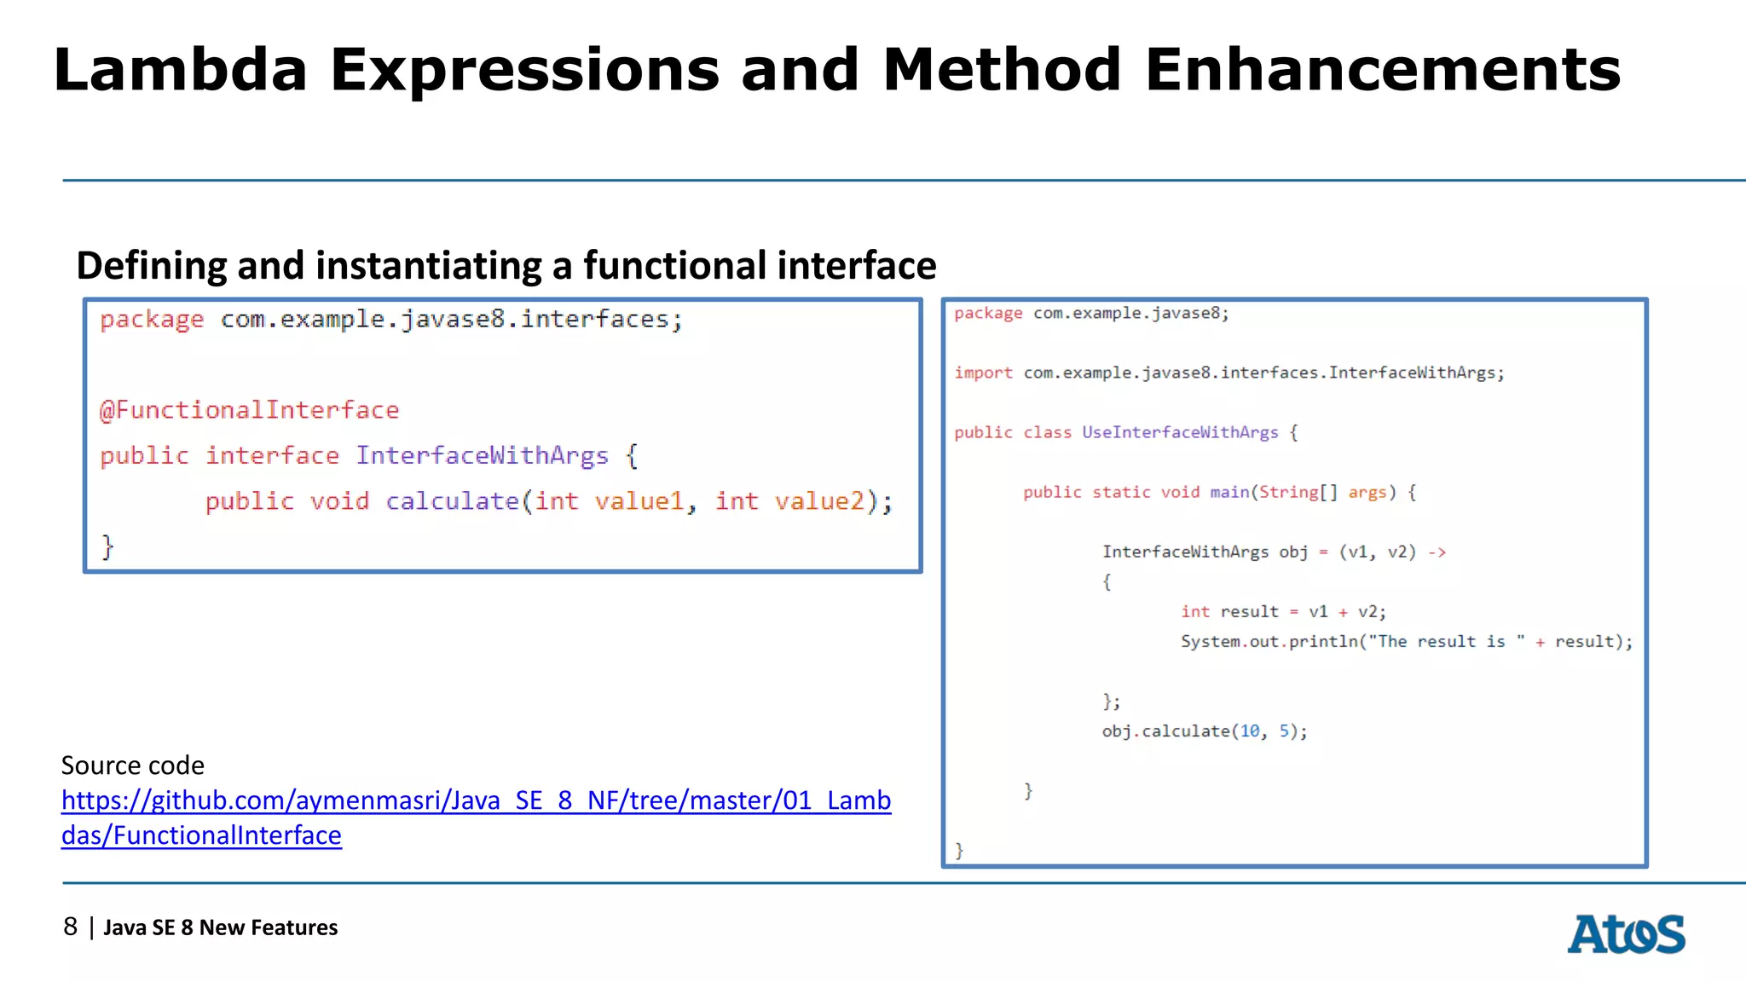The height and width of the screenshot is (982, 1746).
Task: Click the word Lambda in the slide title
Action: (x=180, y=70)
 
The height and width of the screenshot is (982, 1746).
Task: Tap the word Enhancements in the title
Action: (x=1382, y=70)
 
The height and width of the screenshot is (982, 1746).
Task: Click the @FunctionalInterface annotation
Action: (x=249, y=410)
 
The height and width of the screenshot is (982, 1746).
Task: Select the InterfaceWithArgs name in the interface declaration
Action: (x=482, y=455)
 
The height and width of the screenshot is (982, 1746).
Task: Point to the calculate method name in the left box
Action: (x=452, y=501)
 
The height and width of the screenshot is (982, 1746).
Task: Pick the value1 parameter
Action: (x=639, y=501)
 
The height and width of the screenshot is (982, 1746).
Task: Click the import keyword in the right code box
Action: (x=983, y=373)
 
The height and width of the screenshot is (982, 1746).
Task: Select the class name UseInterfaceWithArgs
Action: (x=1180, y=432)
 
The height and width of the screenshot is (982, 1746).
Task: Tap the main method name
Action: (x=1229, y=492)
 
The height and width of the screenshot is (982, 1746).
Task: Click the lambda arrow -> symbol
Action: (x=1437, y=552)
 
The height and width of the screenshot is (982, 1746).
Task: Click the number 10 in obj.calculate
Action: (x=1250, y=731)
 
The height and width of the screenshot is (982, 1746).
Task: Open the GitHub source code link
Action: (x=476, y=801)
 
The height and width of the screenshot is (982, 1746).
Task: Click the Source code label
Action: (x=133, y=765)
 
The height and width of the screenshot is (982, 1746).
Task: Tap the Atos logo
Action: (x=1626, y=934)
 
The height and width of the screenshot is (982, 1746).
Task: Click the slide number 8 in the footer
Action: (x=71, y=927)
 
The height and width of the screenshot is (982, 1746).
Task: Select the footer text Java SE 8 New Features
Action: (x=220, y=927)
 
